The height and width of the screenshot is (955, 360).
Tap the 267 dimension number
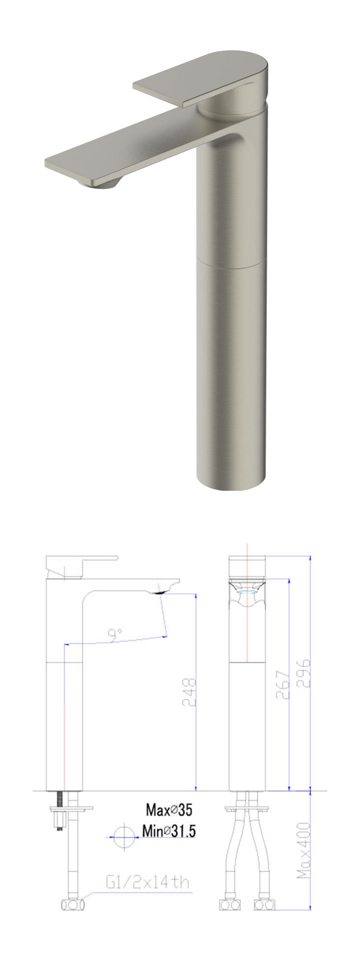pos(282,684)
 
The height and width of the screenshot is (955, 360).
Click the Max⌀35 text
pos(169,809)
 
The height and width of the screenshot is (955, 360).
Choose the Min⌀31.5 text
pos(169,831)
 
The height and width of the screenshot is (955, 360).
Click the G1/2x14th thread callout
pos(147,882)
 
